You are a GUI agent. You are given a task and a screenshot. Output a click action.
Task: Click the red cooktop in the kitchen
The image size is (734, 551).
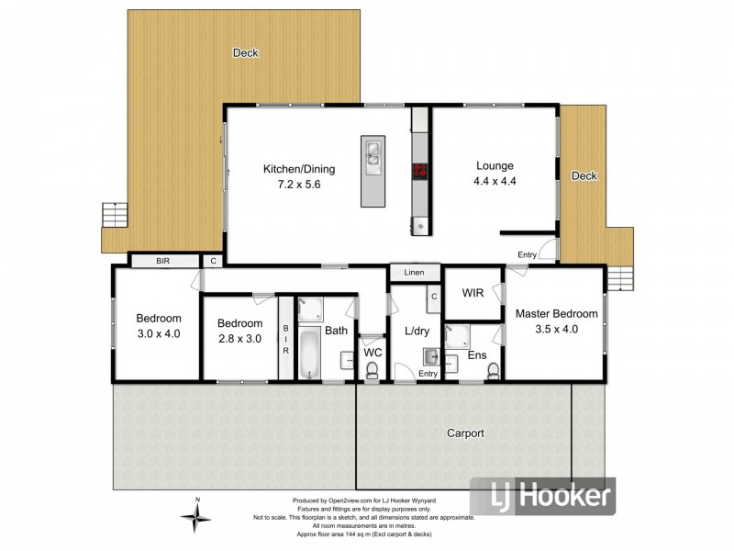tap(420, 169)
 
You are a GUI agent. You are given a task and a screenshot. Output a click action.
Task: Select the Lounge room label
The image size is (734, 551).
tap(495, 166)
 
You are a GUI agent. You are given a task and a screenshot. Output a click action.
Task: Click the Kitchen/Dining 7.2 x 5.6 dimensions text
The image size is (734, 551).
tap(299, 185)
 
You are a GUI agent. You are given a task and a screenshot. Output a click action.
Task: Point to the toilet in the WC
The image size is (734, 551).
tap(373, 370)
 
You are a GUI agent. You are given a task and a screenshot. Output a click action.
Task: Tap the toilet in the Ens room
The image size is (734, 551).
tap(494, 370)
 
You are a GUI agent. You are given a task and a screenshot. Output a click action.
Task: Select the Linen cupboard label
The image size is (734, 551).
tap(414, 273)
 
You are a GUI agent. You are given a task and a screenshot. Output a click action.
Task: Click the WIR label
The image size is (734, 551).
tap(473, 294)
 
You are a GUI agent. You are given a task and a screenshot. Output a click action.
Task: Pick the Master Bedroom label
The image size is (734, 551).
tap(556, 313)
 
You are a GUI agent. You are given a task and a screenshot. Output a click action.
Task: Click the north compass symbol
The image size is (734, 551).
tap(195, 518)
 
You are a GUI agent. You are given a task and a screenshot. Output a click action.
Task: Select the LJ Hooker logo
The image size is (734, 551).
tap(542, 497)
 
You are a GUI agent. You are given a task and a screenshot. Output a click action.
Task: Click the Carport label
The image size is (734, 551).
tap(465, 433)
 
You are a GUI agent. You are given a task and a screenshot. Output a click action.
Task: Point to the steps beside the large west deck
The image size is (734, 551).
tap(112, 215)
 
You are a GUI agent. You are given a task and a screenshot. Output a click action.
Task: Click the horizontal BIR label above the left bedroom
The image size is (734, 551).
tap(162, 262)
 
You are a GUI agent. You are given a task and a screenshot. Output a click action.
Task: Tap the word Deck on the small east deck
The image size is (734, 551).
tap(584, 175)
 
